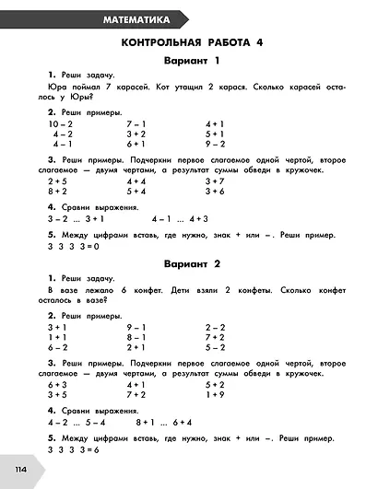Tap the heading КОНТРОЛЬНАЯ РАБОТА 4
[189, 43]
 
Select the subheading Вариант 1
[189, 62]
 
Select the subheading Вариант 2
[189, 264]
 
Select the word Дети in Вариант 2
[162, 288]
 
